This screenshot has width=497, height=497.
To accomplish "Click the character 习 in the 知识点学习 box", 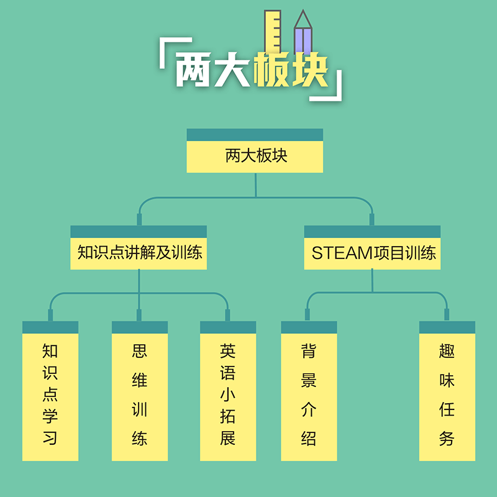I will pyautogui.click(x=50, y=438).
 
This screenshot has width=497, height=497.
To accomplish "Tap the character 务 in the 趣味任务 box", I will pyautogui.click(x=447, y=438).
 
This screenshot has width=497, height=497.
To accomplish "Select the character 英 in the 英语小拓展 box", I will pyautogui.click(x=228, y=352).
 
